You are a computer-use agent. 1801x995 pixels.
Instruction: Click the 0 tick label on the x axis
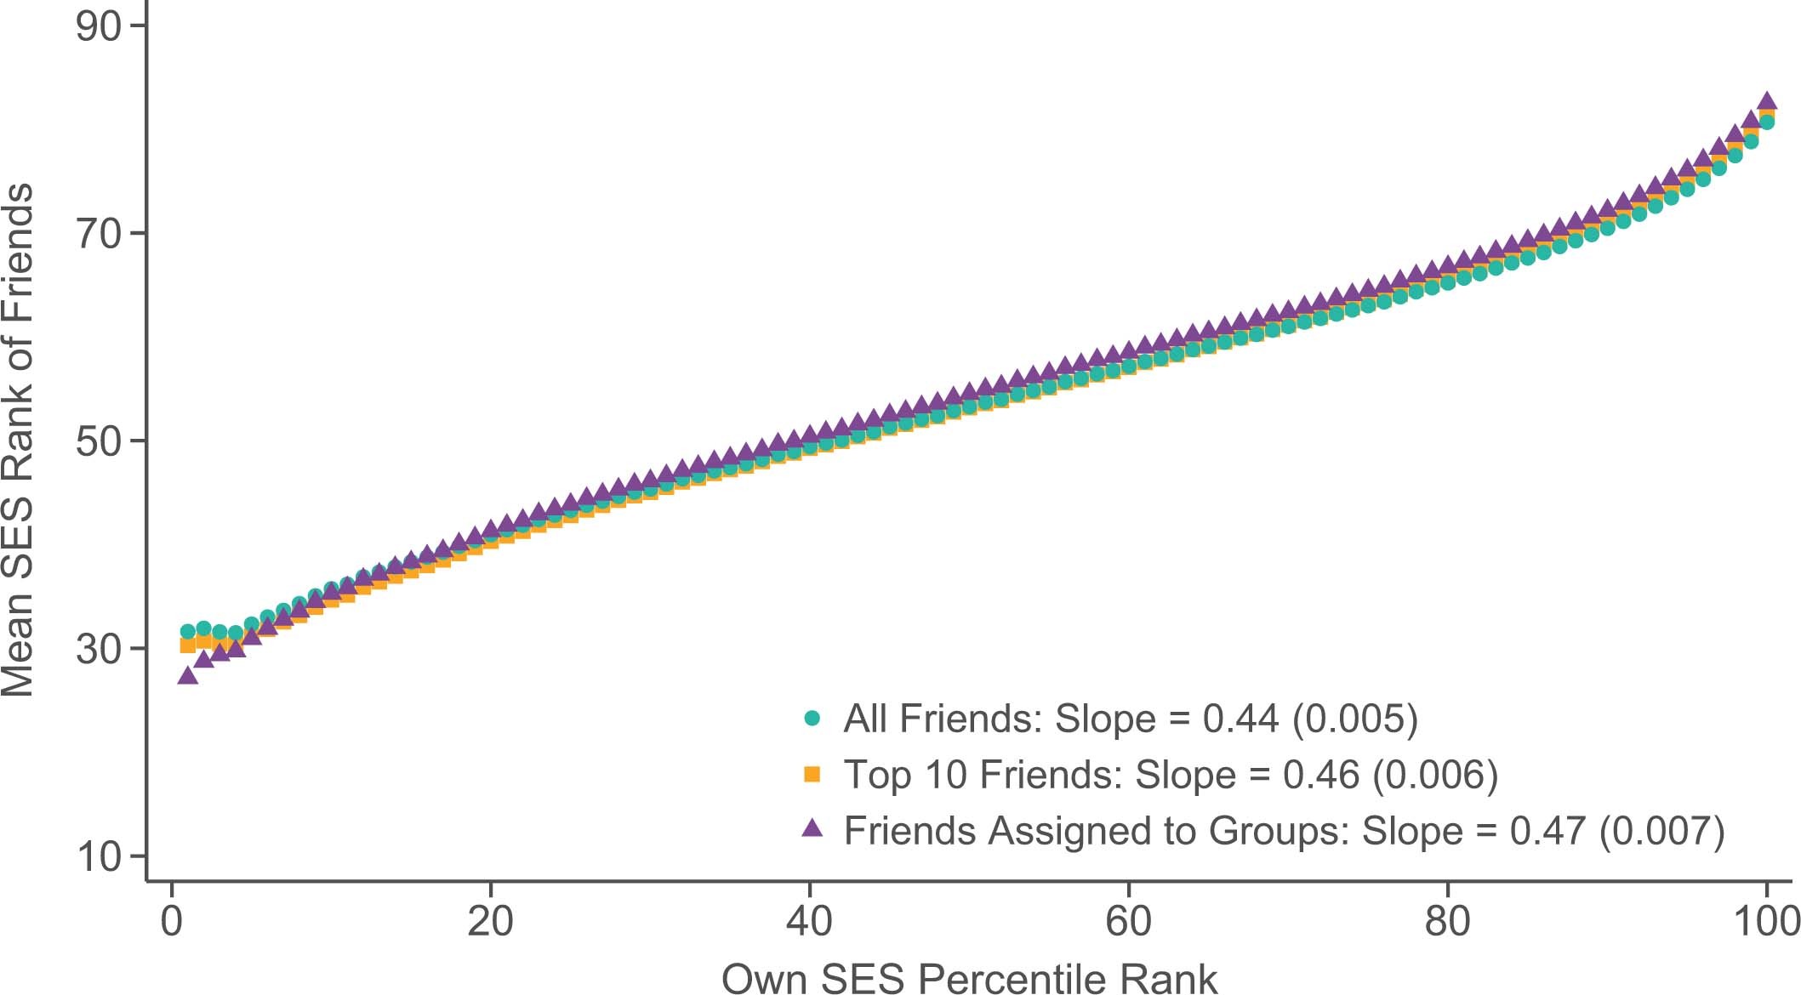pos(172,921)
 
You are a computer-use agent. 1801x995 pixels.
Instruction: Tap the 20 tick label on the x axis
pos(491,921)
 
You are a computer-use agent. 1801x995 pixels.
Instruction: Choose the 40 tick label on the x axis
pos(810,921)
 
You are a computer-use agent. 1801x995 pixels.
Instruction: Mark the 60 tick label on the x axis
pos(1129,921)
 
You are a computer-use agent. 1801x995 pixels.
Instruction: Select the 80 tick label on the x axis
pos(1448,921)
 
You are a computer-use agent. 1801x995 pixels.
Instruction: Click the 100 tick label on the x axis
pos(1766,921)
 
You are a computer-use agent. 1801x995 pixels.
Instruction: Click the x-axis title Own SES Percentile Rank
pos(969,978)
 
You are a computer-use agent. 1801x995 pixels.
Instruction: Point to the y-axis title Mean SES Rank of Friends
pos(19,440)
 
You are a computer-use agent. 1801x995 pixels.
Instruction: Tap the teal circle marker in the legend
pos(812,719)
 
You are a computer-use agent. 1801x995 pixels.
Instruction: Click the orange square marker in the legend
pos(812,774)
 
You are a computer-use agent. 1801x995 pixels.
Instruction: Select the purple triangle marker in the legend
pos(812,828)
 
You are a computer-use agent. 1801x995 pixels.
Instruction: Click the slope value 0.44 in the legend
pos(1240,719)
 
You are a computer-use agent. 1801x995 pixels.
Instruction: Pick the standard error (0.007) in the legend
pos(1661,831)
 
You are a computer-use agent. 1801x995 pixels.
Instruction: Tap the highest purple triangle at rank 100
pos(1767,101)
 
